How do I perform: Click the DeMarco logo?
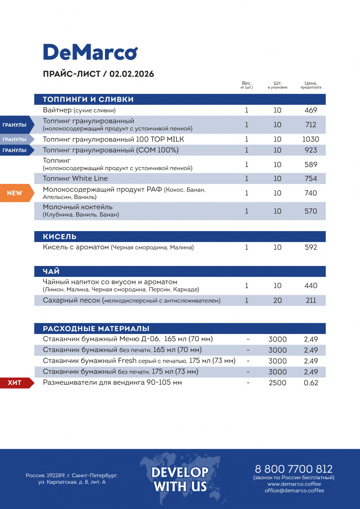click(90, 52)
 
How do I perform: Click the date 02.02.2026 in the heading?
click(132, 74)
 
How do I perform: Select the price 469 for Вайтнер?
click(311, 110)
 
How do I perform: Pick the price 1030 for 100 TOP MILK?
click(311, 139)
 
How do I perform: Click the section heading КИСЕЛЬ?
click(60, 237)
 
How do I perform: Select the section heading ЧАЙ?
click(51, 271)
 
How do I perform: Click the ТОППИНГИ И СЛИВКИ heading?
click(88, 99)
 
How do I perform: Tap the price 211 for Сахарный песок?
click(311, 300)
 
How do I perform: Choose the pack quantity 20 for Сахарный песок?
click(277, 300)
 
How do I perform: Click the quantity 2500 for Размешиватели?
click(277, 383)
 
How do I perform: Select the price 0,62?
click(311, 383)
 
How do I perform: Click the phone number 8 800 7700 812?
click(293, 469)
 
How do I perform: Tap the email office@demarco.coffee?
click(294, 491)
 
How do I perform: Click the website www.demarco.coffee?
click(294, 484)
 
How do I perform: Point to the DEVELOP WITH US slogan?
click(180, 479)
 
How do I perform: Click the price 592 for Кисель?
click(311, 247)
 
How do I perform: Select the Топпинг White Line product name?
click(75, 178)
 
